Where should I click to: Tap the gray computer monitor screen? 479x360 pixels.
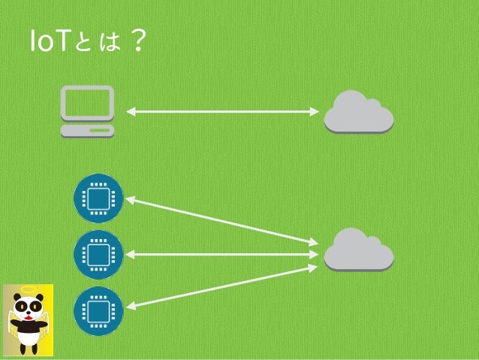pyautogui.click(x=88, y=104)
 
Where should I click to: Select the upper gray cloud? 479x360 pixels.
pyautogui.click(x=358, y=112)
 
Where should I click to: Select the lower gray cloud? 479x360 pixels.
pyautogui.click(x=358, y=250)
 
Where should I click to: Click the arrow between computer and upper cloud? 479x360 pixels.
pyautogui.click(x=222, y=112)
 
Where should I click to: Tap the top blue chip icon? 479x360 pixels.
pyautogui.click(x=98, y=198)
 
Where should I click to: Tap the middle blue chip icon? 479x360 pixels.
pyautogui.click(x=98, y=255)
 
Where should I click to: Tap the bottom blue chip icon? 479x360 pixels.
pyautogui.click(x=98, y=310)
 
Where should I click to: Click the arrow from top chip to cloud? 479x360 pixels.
pyautogui.click(x=222, y=221)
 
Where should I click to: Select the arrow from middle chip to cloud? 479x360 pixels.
pyautogui.click(x=222, y=255)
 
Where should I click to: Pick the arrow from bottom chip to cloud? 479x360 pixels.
pyautogui.click(x=222, y=286)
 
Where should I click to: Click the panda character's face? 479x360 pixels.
pyautogui.click(x=28, y=308)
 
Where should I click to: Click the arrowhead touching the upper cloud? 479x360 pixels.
pyautogui.click(x=315, y=112)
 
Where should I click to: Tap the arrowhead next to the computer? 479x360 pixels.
pyautogui.click(x=130, y=112)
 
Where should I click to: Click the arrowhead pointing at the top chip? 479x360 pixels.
pyautogui.click(x=130, y=200)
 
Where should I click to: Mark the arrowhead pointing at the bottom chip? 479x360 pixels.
pyautogui.click(x=130, y=306)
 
